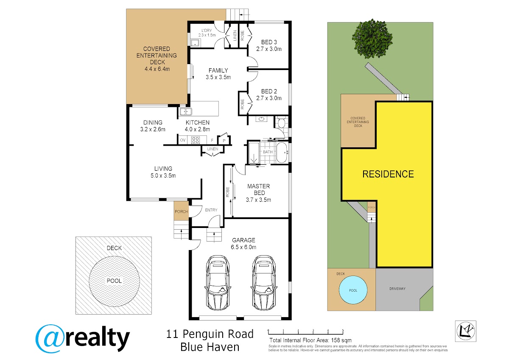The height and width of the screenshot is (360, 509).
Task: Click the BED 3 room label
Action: (x=269, y=45)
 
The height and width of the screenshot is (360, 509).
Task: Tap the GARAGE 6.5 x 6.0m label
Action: (x=243, y=244)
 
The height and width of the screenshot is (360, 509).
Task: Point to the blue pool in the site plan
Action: (x=353, y=290)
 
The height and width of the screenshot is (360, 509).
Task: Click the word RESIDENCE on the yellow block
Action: (x=388, y=174)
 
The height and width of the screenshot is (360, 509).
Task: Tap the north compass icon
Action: (x=465, y=331)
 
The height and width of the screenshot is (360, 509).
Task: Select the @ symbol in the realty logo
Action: (x=49, y=338)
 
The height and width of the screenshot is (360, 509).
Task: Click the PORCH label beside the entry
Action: (x=181, y=211)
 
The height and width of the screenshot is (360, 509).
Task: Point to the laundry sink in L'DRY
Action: (x=196, y=42)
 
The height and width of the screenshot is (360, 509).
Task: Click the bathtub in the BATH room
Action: (x=282, y=152)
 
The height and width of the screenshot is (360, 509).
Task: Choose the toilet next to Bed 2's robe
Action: (x=281, y=123)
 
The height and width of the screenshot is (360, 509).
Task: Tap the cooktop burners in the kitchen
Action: (x=196, y=140)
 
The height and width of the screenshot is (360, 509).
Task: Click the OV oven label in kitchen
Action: (x=183, y=140)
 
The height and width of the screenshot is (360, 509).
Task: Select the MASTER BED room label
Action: (x=259, y=193)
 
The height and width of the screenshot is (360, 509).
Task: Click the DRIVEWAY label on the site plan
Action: (x=397, y=289)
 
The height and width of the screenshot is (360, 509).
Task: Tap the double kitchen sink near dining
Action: (x=186, y=112)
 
